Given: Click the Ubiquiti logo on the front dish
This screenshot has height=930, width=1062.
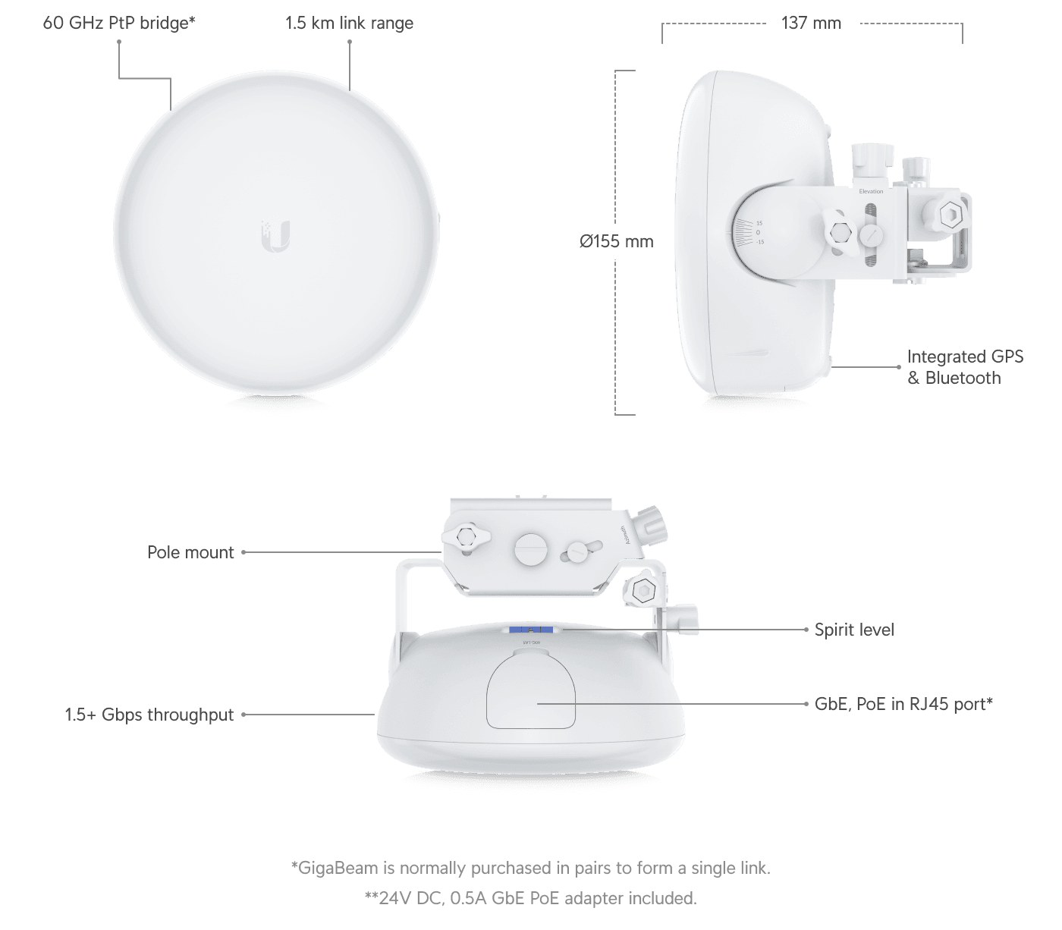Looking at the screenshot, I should (x=276, y=236).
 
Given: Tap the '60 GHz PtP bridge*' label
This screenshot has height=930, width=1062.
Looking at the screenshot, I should (x=119, y=23).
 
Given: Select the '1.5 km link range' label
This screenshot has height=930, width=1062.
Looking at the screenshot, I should (x=349, y=23).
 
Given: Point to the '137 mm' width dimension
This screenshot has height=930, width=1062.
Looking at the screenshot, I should (x=811, y=23).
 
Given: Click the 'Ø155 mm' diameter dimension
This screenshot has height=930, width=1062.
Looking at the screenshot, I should (x=616, y=242).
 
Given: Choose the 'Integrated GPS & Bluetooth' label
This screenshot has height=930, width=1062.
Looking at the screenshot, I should (x=965, y=367).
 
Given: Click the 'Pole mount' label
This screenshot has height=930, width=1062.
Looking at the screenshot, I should (x=190, y=552).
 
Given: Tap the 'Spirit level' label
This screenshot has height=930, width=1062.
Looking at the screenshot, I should (x=854, y=630).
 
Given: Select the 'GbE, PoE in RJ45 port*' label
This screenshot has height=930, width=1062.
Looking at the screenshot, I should (x=903, y=704).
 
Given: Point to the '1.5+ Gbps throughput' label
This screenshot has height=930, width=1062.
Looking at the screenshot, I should (x=149, y=715).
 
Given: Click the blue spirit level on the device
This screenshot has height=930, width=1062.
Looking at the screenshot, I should (x=530, y=630).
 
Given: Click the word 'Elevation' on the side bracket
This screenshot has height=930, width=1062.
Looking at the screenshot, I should (x=871, y=191).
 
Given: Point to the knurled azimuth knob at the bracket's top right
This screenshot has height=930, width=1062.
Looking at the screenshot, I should (x=649, y=523).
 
